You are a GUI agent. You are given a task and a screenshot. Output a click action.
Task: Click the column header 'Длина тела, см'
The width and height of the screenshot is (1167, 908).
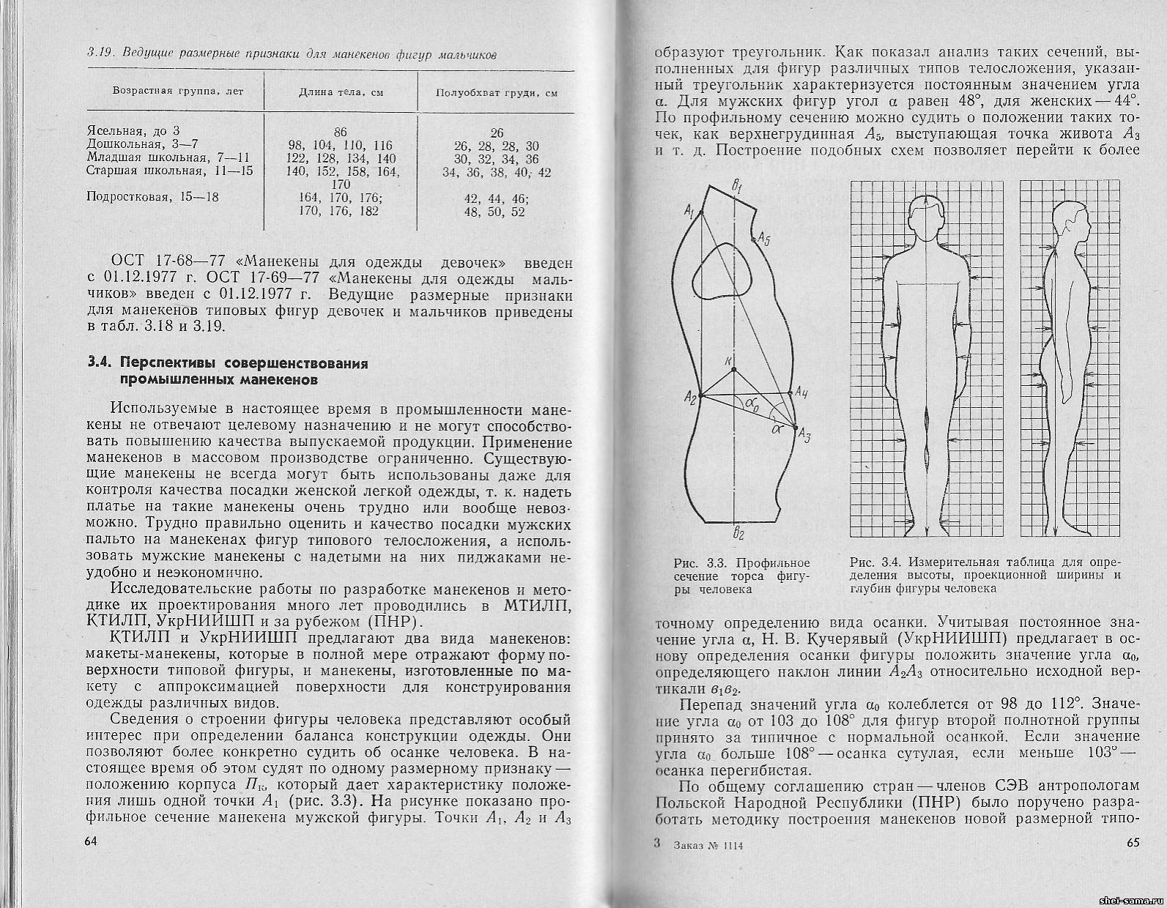pos(341,93)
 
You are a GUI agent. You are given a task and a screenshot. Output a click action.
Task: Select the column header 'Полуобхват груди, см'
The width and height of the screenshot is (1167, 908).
pos(496,93)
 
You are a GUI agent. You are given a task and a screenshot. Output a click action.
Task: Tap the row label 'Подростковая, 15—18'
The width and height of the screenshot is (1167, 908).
pos(152,197)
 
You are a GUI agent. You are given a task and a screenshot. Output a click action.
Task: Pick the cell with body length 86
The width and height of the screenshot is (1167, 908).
pos(340,133)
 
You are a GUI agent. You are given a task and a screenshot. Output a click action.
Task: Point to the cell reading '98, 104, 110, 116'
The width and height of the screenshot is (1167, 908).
pos(341,146)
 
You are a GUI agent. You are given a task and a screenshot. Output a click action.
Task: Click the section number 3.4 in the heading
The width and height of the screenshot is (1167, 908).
pos(100,364)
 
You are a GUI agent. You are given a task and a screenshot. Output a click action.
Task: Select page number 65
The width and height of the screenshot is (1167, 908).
pos(1132,843)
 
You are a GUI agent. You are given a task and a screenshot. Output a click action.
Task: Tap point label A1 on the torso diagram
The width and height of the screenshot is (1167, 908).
pos(688,212)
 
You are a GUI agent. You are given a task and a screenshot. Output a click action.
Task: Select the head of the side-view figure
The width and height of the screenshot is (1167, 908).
pos(1066,220)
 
